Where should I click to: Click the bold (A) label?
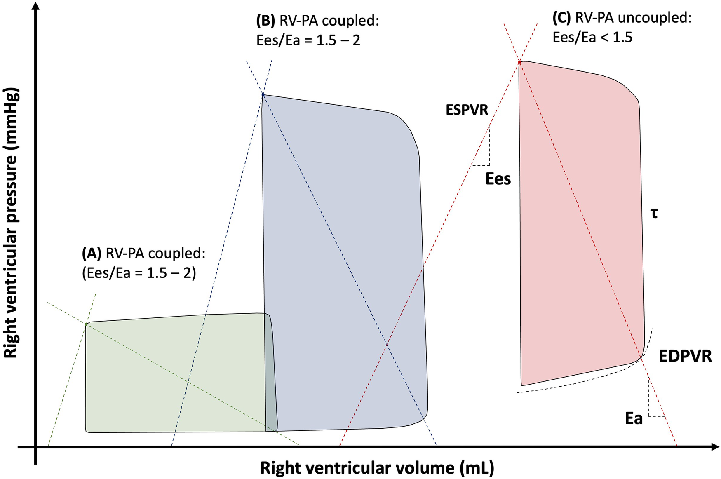tap(92, 254)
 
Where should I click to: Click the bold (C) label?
tap(561, 18)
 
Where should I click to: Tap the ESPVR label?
tap(467, 110)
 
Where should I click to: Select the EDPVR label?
tap(685, 356)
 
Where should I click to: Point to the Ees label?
tap(498, 179)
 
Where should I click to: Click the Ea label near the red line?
tap(634, 418)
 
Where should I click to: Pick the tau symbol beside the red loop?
tap(654, 214)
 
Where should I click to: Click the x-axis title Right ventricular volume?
tap(377, 468)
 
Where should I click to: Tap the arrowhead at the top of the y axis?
tap(36, 6)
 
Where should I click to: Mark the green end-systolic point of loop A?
tap(86, 325)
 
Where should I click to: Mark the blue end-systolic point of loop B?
tap(263, 95)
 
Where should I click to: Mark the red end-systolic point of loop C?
tap(519, 62)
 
